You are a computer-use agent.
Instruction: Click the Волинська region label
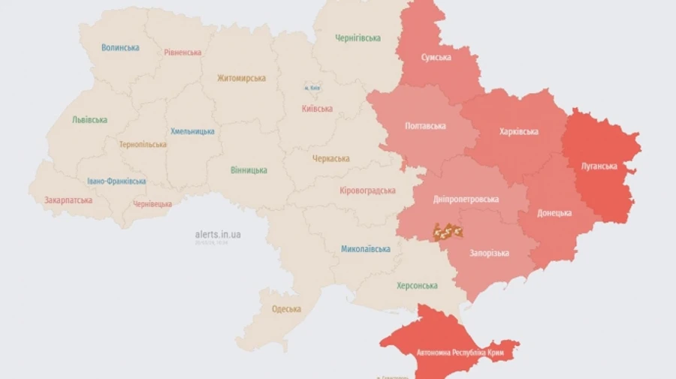(x=120, y=47)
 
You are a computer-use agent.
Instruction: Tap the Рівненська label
(x=183, y=53)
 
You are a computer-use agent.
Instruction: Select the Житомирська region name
(x=241, y=78)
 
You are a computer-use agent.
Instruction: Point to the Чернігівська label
(x=358, y=38)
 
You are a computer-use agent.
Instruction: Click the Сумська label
(x=436, y=57)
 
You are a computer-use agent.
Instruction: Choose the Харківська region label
(x=518, y=131)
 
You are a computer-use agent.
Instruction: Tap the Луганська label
(x=599, y=166)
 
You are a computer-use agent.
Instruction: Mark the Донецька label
(x=554, y=212)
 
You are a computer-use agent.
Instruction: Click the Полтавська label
(x=424, y=125)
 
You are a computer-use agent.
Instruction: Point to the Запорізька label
(x=489, y=253)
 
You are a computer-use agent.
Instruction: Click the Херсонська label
(x=417, y=285)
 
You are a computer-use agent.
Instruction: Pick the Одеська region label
(x=285, y=308)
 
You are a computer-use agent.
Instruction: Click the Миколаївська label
(x=366, y=248)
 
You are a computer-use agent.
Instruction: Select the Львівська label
(x=89, y=119)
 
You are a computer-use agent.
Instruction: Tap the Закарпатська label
(x=68, y=200)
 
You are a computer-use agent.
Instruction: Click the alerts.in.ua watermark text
(x=218, y=234)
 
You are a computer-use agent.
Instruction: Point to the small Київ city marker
(x=312, y=88)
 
